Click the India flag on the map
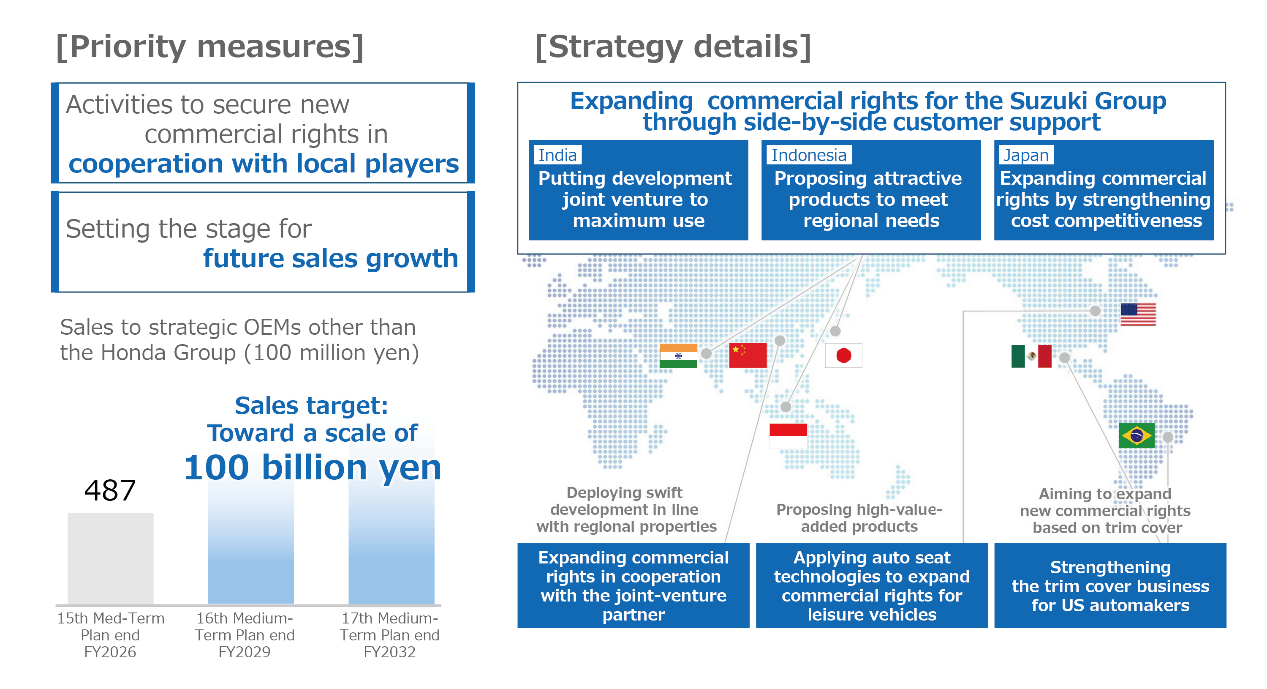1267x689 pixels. (x=678, y=356)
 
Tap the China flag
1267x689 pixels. (x=748, y=356)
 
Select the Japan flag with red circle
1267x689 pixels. (x=843, y=355)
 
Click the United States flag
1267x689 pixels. (x=1138, y=315)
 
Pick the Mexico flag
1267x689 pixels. (x=1031, y=356)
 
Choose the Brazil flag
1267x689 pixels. (x=1136, y=435)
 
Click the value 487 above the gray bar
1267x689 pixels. (x=110, y=491)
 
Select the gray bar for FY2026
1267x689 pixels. (x=111, y=558)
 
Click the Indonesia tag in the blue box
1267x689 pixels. (x=809, y=155)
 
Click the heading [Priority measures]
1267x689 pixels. (x=210, y=47)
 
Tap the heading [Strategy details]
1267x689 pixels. (x=673, y=47)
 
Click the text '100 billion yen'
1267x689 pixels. (x=313, y=468)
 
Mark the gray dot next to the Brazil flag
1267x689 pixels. (x=1168, y=437)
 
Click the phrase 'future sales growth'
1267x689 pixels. (x=331, y=258)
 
